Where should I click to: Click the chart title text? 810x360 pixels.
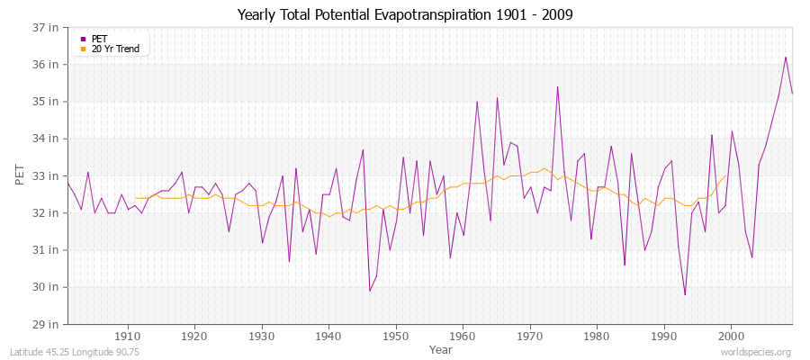pos(405,14)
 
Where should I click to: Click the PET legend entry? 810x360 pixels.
pos(99,39)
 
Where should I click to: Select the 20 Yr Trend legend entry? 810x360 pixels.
pos(115,49)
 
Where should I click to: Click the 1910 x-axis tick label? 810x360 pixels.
pos(128,337)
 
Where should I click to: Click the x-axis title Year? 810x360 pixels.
pos(441,348)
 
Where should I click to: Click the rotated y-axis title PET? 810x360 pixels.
pos(21,175)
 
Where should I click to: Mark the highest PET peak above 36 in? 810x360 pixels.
pos(786,58)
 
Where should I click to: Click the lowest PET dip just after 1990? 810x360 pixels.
pos(685,294)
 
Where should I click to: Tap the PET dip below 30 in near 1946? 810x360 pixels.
pos(369,290)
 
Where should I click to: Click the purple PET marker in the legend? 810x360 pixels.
pos(84,39)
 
